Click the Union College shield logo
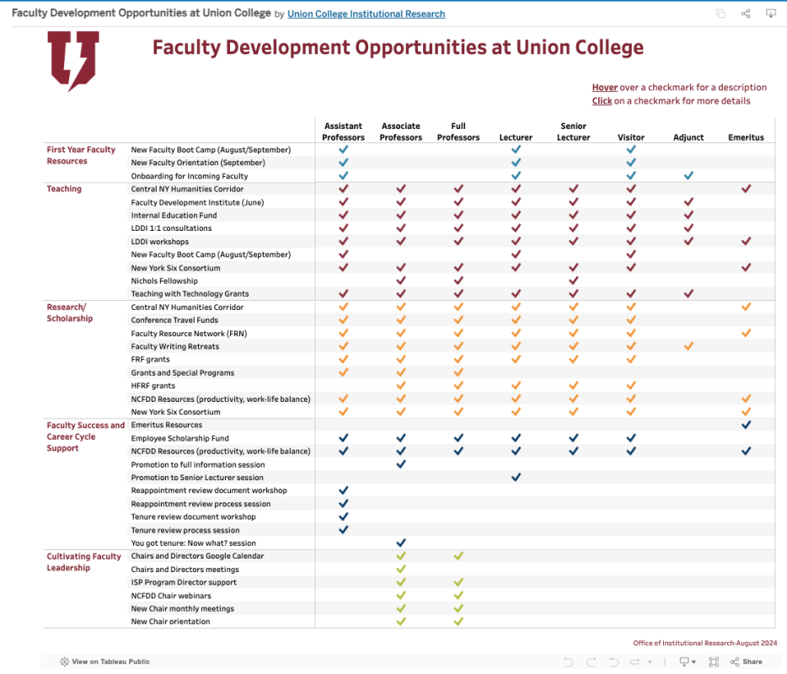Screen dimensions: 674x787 (73, 60)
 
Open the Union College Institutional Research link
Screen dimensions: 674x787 (366, 14)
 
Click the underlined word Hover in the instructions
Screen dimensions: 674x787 (604, 88)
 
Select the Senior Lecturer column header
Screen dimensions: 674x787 (573, 131)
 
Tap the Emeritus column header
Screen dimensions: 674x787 (746, 137)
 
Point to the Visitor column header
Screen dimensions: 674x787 (630, 137)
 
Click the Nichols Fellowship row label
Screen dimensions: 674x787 (164, 281)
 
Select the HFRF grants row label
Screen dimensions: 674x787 (153, 386)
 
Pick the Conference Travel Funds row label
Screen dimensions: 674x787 (174, 320)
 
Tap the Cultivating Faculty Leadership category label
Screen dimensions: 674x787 (83, 562)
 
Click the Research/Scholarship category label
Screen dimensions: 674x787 (70, 313)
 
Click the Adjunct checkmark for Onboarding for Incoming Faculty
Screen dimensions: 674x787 (688, 176)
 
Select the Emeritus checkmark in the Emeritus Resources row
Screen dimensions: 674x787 (746, 425)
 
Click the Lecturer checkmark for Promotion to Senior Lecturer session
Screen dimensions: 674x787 (516, 478)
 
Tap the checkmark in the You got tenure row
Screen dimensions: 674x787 (401, 543)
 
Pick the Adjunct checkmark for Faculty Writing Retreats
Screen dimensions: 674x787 (688, 346)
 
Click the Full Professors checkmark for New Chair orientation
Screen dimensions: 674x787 (458, 622)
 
